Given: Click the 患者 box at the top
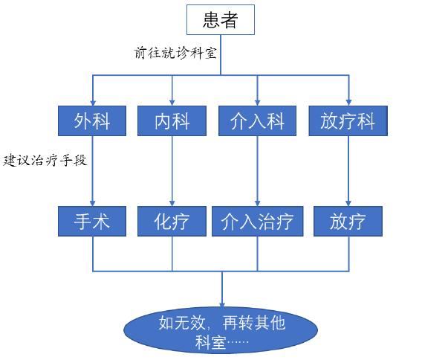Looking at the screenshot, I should tap(221, 19).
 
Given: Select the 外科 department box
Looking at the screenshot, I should tap(93, 120).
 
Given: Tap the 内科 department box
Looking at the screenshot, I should tap(172, 120).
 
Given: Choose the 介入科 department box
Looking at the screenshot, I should tap(258, 120).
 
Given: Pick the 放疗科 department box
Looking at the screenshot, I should tap(348, 120).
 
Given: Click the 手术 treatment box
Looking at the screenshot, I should tap(93, 221).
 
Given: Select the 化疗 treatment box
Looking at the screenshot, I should tap(172, 221).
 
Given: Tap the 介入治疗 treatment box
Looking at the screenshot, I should tap(258, 221).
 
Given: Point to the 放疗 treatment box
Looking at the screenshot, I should tap(348, 221).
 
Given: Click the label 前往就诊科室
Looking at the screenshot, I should tap(175, 54).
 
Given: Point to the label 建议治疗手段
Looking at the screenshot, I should tap(46, 159).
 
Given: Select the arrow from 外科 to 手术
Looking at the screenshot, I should tap(93, 171).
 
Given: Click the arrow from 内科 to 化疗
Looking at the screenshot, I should tap(172, 171).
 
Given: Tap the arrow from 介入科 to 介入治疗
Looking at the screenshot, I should tap(258, 171).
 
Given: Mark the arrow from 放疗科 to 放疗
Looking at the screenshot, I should tap(348, 171).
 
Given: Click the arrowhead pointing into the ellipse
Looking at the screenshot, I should tap(221, 303).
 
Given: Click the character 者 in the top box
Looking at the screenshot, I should tap(230, 19).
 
